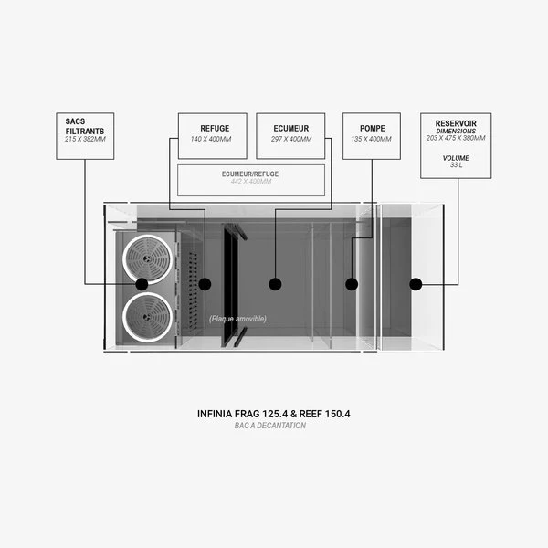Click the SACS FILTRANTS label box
click(85, 136)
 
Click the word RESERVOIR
click(455, 121)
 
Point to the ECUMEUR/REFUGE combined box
click(251, 179)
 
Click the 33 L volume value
click(455, 164)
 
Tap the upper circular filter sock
click(147, 259)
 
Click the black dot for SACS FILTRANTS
click(142, 284)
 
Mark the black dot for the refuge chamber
click(205, 284)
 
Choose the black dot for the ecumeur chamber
click(275, 284)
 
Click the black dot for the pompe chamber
click(352, 284)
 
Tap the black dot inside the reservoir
click(416, 284)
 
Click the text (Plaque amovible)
click(237, 319)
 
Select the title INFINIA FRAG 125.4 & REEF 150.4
click(274, 414)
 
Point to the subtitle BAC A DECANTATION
click(274, 426)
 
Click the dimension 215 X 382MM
click(85, 139)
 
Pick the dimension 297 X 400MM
click(291, 139)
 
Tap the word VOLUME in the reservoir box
click(455, 156)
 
